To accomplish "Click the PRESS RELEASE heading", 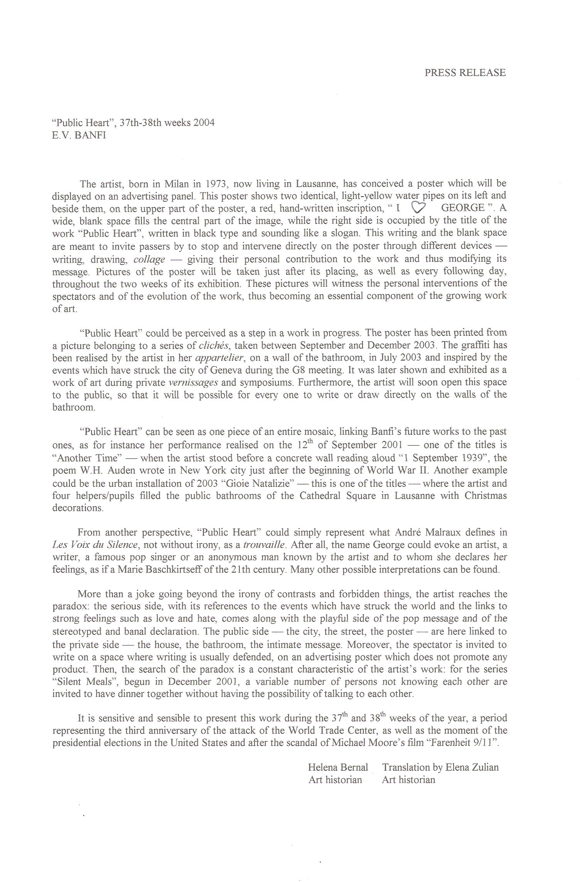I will [465, 73].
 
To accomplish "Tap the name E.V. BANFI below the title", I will [79, 136].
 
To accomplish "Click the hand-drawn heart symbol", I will [418, 208].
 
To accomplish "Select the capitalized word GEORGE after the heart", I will [462, 208].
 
